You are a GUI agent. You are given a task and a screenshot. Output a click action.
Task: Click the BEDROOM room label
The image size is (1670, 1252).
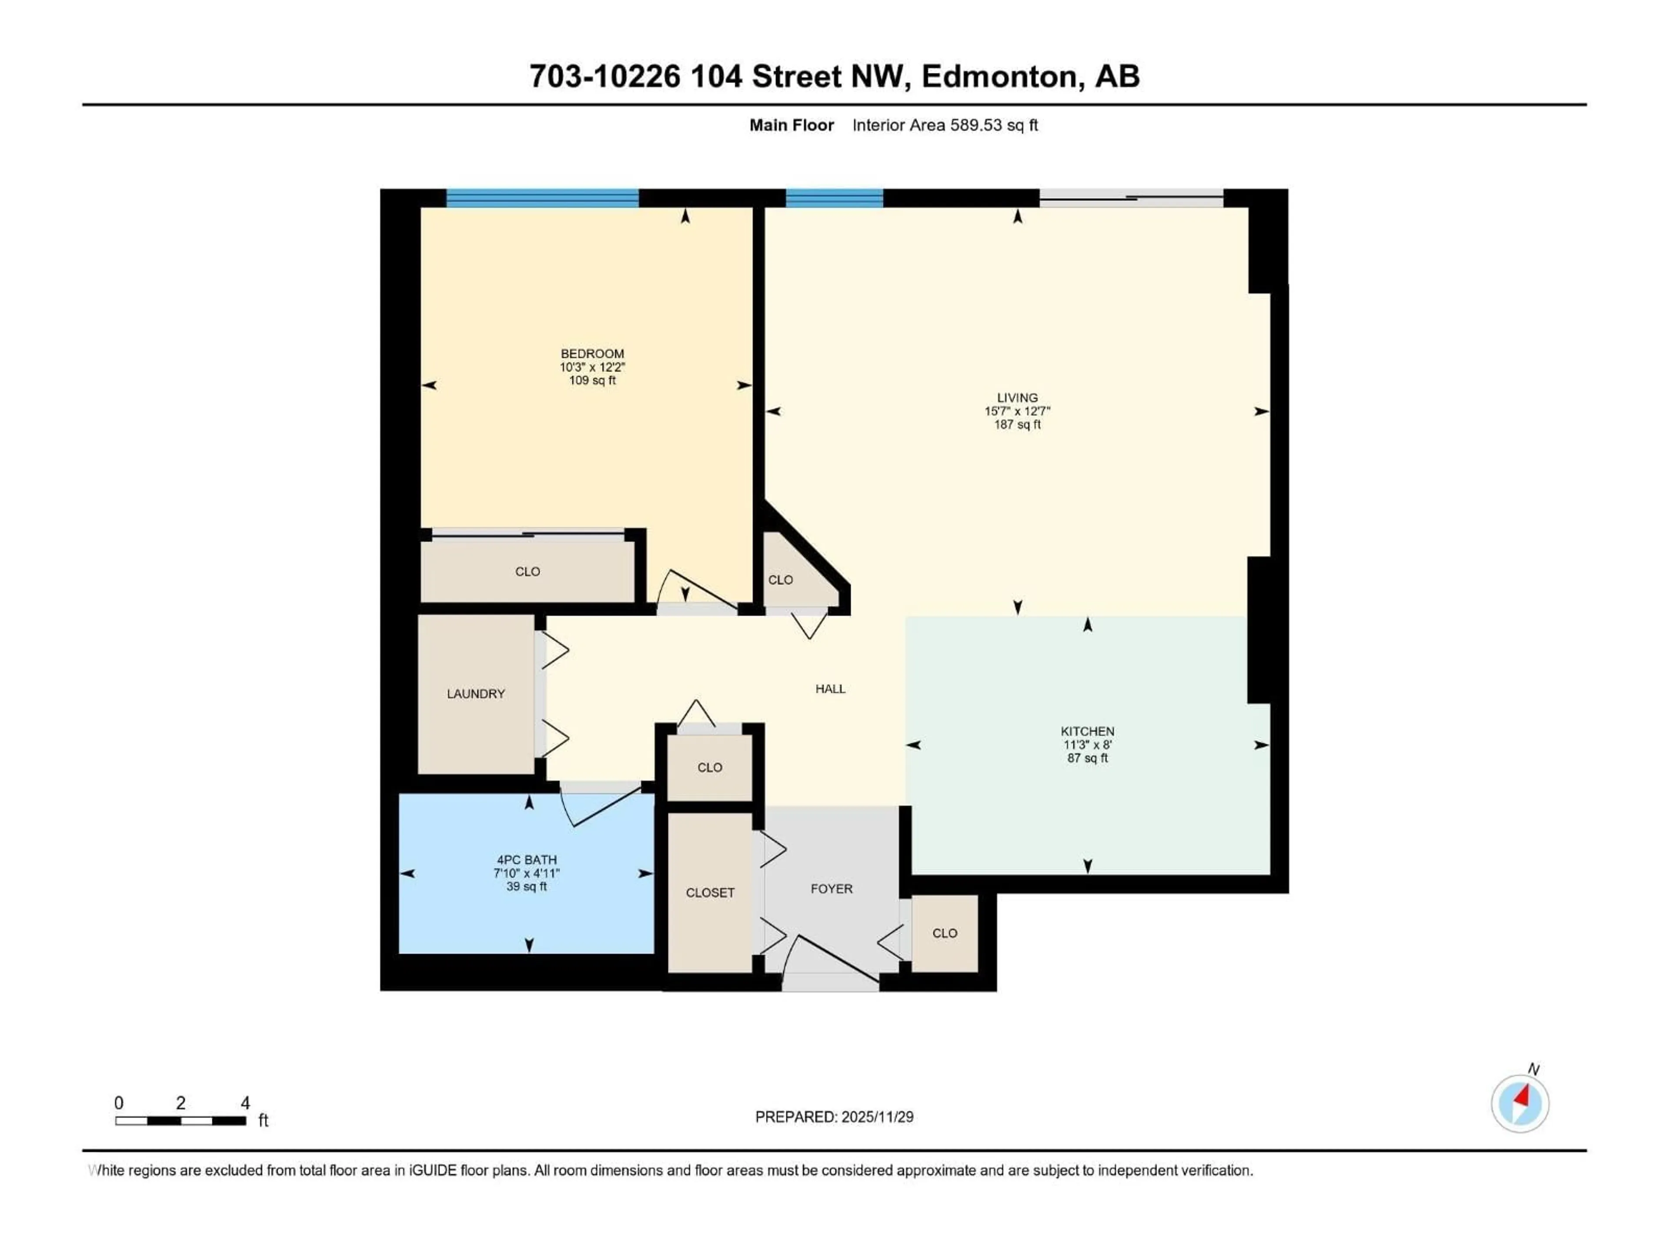coord(592,353)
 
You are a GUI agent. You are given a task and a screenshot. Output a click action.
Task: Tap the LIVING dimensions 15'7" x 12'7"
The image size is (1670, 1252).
coord(1017,411)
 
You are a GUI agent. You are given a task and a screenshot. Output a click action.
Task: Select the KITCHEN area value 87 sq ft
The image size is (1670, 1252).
coord(1087,758)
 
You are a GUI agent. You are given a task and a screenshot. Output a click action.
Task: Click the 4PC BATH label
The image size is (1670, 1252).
coord(526,859)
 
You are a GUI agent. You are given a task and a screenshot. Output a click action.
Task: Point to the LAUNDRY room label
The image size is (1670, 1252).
coord(476,693)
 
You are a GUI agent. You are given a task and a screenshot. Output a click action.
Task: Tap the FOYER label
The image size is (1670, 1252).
coord(831,889)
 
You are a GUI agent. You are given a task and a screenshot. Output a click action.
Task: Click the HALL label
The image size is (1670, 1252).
coord(830,688)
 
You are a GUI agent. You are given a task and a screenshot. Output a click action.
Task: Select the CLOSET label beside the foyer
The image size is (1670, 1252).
coord(710,893)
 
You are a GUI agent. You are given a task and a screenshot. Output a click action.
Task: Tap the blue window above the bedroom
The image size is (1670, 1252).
coord(542,198)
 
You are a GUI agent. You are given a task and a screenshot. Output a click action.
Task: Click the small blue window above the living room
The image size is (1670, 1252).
coord(834,198)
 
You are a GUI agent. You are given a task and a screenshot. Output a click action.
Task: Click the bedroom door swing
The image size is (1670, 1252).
coord(695,593)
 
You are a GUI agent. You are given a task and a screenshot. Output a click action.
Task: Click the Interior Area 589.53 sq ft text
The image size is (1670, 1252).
coord(945,125)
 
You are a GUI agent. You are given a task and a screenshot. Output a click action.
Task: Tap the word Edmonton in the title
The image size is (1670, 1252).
coord(999,76)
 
